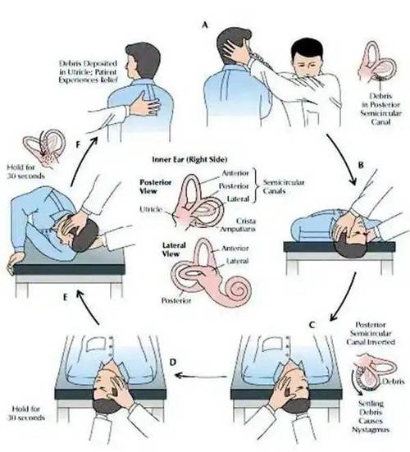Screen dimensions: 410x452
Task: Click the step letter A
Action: point(204,25)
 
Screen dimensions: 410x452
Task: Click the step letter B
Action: point(361,165)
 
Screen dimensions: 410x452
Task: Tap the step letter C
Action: point(312,325)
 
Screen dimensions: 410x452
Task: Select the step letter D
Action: point(172,362)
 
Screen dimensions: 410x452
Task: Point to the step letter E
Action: point(65,297)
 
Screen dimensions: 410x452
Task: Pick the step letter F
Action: point(78,144)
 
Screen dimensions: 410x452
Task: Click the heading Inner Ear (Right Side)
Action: point(189,159)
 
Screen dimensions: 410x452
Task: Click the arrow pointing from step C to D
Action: point(201,376)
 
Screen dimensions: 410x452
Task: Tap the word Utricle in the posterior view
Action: point(151,209)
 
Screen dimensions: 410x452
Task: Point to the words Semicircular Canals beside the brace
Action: point(284,186)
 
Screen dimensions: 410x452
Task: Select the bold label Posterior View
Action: point(156,186)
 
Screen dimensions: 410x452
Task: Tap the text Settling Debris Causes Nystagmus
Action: point(371,416)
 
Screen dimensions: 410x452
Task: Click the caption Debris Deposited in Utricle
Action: point(89,71)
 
